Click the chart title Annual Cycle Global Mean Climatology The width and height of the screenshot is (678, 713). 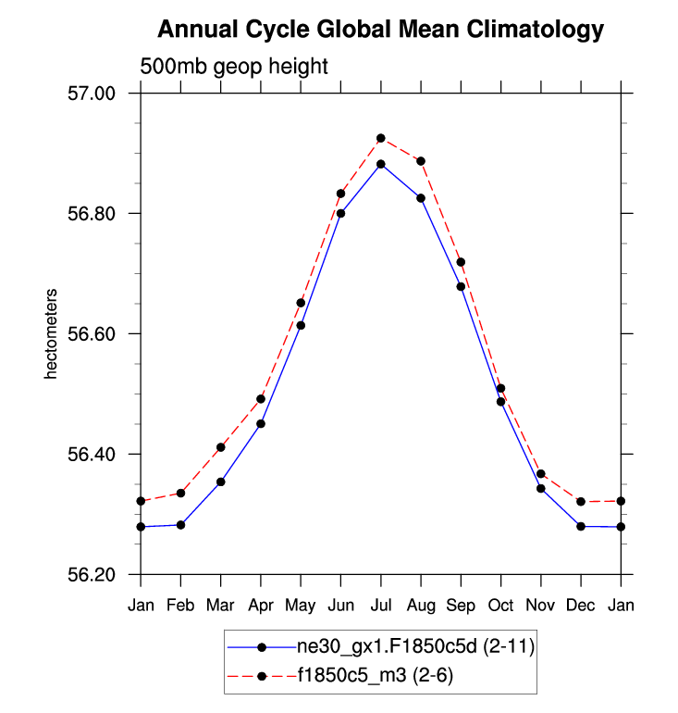coord(380,30)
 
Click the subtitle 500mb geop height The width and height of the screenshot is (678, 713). coord(234,67)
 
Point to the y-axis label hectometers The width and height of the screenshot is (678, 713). coord(53,334)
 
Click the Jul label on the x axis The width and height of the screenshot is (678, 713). coord(380,606)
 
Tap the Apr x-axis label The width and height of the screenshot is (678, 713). coord(261,606)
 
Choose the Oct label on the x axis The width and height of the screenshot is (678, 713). coord(500,606)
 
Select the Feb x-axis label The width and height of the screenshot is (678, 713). coord(180,606)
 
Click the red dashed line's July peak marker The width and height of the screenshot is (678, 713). coord(380,138)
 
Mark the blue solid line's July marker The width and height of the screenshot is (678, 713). coord(380,164)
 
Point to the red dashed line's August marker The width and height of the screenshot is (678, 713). coord(421,161)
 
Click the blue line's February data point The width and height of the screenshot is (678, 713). coord(180,525)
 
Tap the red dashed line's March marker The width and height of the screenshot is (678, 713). coord(221,447)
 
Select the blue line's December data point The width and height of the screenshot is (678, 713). coord(581,526)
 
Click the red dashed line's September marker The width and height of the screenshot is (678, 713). coord(461,262)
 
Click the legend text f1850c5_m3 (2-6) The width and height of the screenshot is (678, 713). coord(375,677)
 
